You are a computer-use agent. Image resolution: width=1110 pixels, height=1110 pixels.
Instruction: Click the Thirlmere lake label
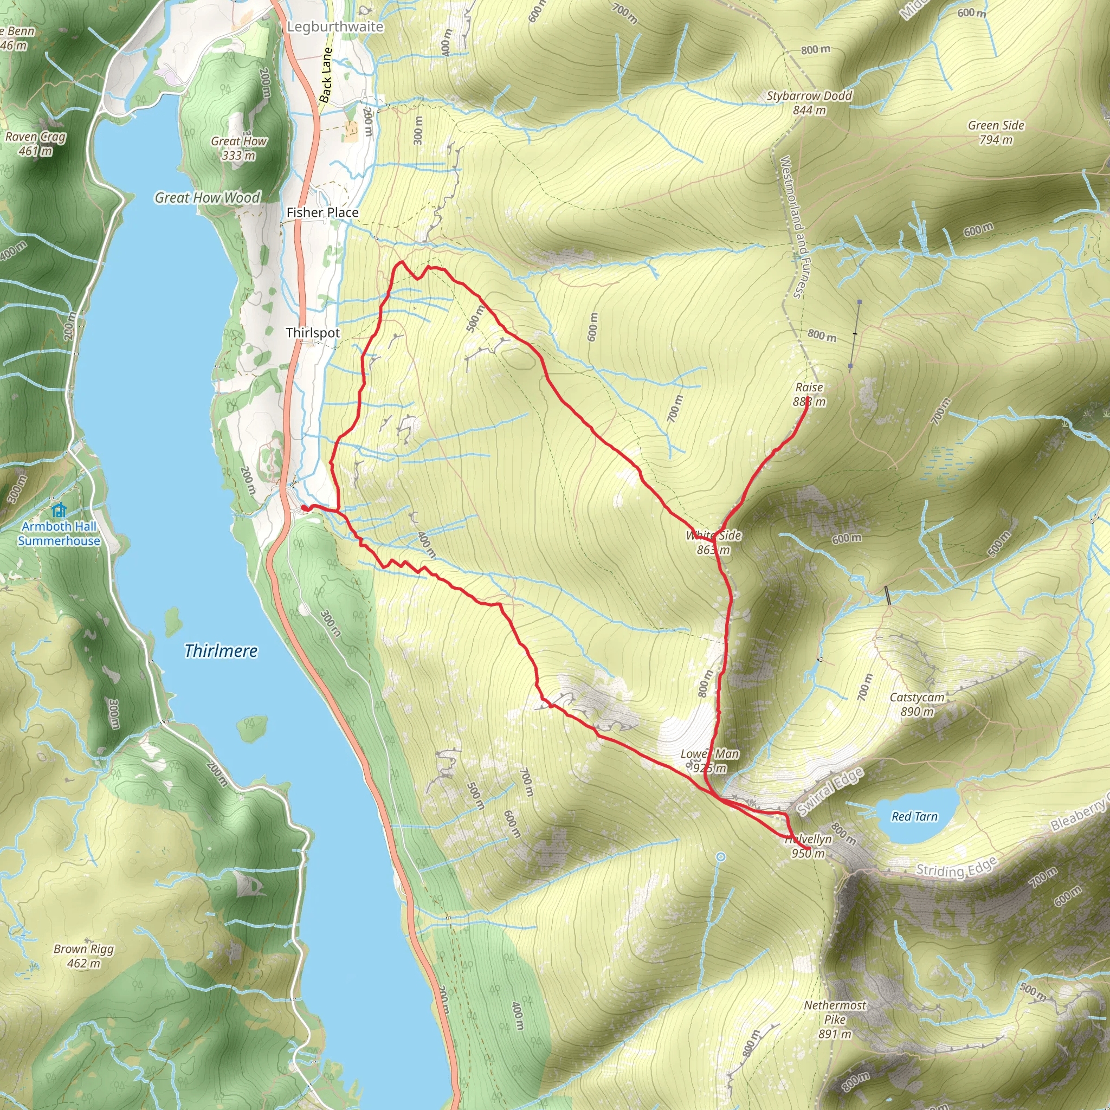tap(221, 651)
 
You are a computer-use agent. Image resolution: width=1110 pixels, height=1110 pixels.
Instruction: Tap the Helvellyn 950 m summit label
tap(808, 846)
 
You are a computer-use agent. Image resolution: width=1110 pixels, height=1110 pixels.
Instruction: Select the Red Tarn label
tap(914, 816)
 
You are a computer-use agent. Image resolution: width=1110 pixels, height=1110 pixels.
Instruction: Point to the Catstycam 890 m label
tap(917, 705)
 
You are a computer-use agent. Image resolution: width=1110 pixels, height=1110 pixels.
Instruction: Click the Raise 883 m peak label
tap(809, 395)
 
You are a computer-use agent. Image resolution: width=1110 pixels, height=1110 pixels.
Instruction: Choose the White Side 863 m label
tap(714, 543)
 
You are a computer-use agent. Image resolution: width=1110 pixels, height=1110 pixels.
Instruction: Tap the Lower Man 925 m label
tap(709, 760)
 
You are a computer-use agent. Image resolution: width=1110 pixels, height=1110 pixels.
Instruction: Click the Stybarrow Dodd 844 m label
tap(809, 103)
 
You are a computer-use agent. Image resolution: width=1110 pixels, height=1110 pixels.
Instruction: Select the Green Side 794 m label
tap(996, 132)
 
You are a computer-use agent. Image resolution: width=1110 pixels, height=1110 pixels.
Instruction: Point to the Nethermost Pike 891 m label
tap(834, 1019)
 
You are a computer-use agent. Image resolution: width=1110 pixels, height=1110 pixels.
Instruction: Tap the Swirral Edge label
tap(830, 791)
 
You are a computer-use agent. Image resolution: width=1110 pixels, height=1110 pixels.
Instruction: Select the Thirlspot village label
tap(313, 333)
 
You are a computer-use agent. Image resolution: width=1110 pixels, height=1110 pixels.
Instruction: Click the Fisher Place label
tap(322, 212)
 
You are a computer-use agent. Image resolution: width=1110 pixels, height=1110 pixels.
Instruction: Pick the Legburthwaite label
tap(335, 27)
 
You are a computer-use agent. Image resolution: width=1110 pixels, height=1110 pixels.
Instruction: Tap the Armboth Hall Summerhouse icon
tap(59, 509)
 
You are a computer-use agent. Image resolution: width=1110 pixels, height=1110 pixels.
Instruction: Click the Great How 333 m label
tap(238, 147)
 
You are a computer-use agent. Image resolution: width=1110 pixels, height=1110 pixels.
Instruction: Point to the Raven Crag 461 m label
tap(35, 144)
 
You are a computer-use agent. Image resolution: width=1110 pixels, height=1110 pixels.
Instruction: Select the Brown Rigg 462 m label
tap(83, 956)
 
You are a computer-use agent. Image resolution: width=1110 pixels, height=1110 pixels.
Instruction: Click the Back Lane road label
tap(326, 75)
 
